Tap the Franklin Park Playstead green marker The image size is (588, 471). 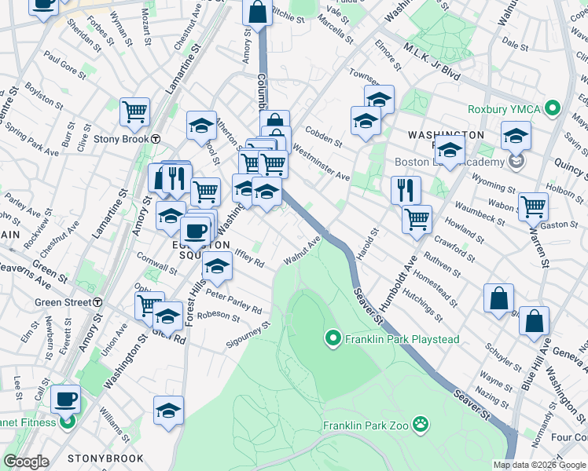(333, 339)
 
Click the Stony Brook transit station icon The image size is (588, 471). (156, 139)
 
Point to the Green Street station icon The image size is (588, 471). (97, 301)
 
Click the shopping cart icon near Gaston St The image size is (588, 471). (533, 206)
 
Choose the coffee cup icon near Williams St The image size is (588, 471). (65, 399)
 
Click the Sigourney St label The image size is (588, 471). (248, 334)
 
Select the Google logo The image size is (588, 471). (26, 462)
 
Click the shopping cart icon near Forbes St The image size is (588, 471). (134, 111)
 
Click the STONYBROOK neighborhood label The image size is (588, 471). (105, 458)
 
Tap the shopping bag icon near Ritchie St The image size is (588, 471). (257, 13)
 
